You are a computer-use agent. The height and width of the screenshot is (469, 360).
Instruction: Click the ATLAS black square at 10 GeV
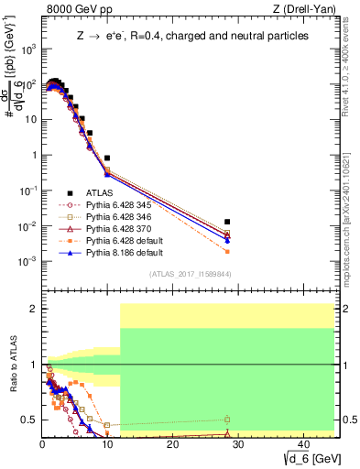[x=107, y=158]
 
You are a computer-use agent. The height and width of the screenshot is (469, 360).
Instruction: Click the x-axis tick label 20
[x=172, y=443]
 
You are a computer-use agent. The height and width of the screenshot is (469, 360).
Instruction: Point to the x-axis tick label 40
[x=303, y=443]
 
